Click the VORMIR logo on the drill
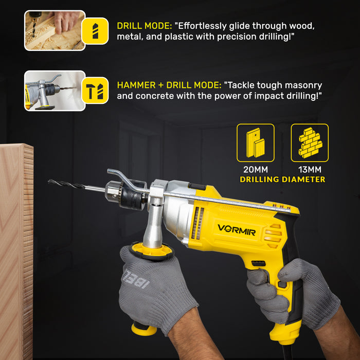236,228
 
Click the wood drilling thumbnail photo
55,30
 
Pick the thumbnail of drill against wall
55,91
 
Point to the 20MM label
256,170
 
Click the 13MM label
310,170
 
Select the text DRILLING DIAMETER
282,179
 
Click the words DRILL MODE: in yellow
145,26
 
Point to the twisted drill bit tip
51,182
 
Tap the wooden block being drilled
16,247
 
